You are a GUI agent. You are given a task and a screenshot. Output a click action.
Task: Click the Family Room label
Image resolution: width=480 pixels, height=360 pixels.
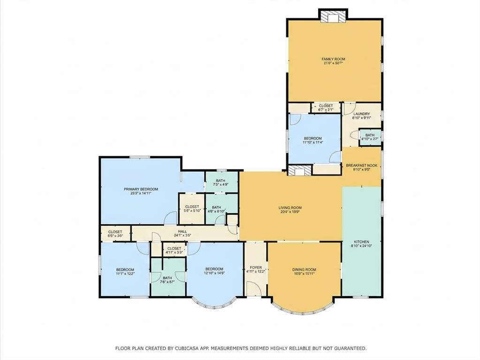333,59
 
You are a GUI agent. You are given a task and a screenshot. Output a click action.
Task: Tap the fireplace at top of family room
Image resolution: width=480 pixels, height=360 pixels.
333,16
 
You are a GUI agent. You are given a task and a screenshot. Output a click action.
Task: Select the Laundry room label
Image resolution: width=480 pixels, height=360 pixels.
361,114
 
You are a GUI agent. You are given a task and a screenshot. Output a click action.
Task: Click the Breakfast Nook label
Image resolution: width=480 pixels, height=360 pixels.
361,165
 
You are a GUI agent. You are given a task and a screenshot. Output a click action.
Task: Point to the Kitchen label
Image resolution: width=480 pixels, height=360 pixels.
361,242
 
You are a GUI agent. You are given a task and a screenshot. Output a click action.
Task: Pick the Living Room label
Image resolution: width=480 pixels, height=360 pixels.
290,207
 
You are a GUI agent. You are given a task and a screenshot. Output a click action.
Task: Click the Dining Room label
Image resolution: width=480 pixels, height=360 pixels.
304,269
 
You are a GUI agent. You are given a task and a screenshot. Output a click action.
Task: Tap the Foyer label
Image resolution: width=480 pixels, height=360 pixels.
256,268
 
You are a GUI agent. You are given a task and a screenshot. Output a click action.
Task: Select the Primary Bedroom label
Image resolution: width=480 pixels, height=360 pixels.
141,189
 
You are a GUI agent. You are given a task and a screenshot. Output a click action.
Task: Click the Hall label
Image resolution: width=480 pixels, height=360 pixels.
183,232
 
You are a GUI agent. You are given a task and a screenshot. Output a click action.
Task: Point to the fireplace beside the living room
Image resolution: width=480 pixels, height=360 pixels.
299,170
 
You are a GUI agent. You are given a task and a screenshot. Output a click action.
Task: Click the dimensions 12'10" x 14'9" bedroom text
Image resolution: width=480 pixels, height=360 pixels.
213,273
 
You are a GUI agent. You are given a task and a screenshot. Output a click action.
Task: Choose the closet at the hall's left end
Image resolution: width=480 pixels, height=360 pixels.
115,233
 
